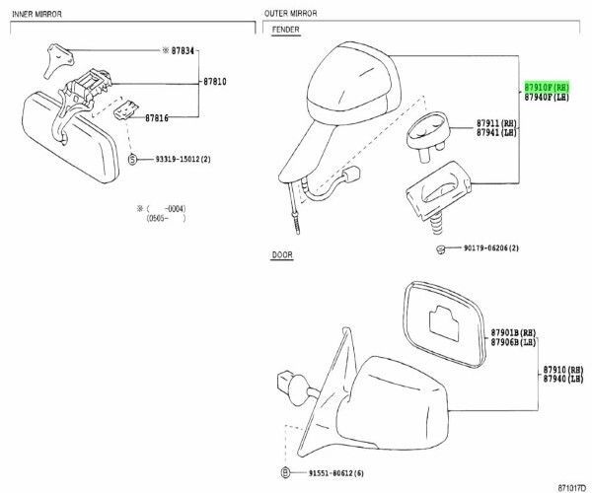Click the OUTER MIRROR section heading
pos(290,13)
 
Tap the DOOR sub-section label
pos(281,254)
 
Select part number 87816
pos(157,117)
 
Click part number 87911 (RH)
pos(495,122)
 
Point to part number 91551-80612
pos(323,472)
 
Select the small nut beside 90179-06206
pos(436,249)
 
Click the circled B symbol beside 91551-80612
pos(283,472)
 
